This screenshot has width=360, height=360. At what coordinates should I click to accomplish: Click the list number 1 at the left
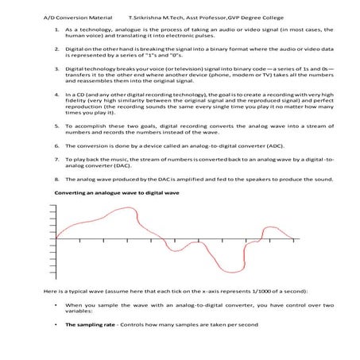coord(56,29)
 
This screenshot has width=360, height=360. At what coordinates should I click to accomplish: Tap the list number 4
coord(56,93)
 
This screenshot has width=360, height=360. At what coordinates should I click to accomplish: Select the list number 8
coord(56,180)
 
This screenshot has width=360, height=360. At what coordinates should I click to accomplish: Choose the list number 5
coord(56,126)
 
